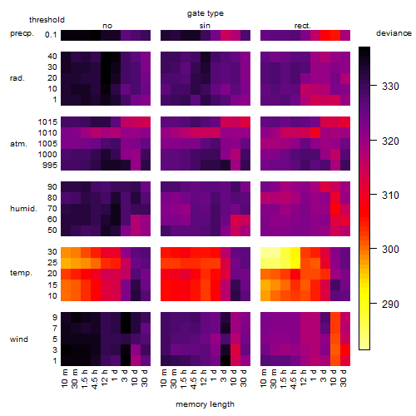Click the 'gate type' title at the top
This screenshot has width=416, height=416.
(206, 13)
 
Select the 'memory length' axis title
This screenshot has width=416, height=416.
(206, 404)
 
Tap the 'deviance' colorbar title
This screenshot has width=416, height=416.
(394, 33)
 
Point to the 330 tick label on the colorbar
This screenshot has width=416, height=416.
(390, 87)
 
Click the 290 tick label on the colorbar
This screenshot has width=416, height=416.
(390, 305)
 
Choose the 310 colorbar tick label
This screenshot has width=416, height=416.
(390, 196)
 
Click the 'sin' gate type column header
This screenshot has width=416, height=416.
(205, 26)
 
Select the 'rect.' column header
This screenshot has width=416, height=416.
(303, 26)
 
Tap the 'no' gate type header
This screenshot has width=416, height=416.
(107, 26)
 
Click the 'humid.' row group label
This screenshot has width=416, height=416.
(23, 209)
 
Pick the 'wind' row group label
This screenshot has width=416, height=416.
(19, 339)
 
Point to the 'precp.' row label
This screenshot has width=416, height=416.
(22, 33)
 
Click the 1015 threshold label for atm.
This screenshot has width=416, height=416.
(47, 122)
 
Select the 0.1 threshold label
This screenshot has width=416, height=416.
(51, 35)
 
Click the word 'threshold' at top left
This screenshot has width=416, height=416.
(47, 20)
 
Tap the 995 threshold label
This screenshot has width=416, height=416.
(50, 166)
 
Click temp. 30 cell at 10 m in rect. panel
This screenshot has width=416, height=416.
(265, 252)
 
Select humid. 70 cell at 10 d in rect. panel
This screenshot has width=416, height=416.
(335, 209)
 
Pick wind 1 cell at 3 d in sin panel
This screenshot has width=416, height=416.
(225, 361)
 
